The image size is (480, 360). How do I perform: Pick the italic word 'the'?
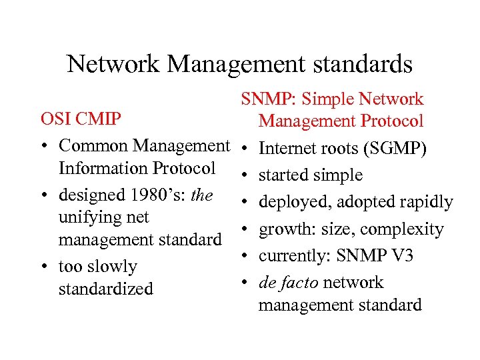coord(201,195)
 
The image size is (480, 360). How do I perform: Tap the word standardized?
coord(106,289)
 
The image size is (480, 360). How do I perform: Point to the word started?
coord(283,175)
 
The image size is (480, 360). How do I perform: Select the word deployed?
coord(289,202)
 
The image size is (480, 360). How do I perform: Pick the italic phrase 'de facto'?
coord(288,283)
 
